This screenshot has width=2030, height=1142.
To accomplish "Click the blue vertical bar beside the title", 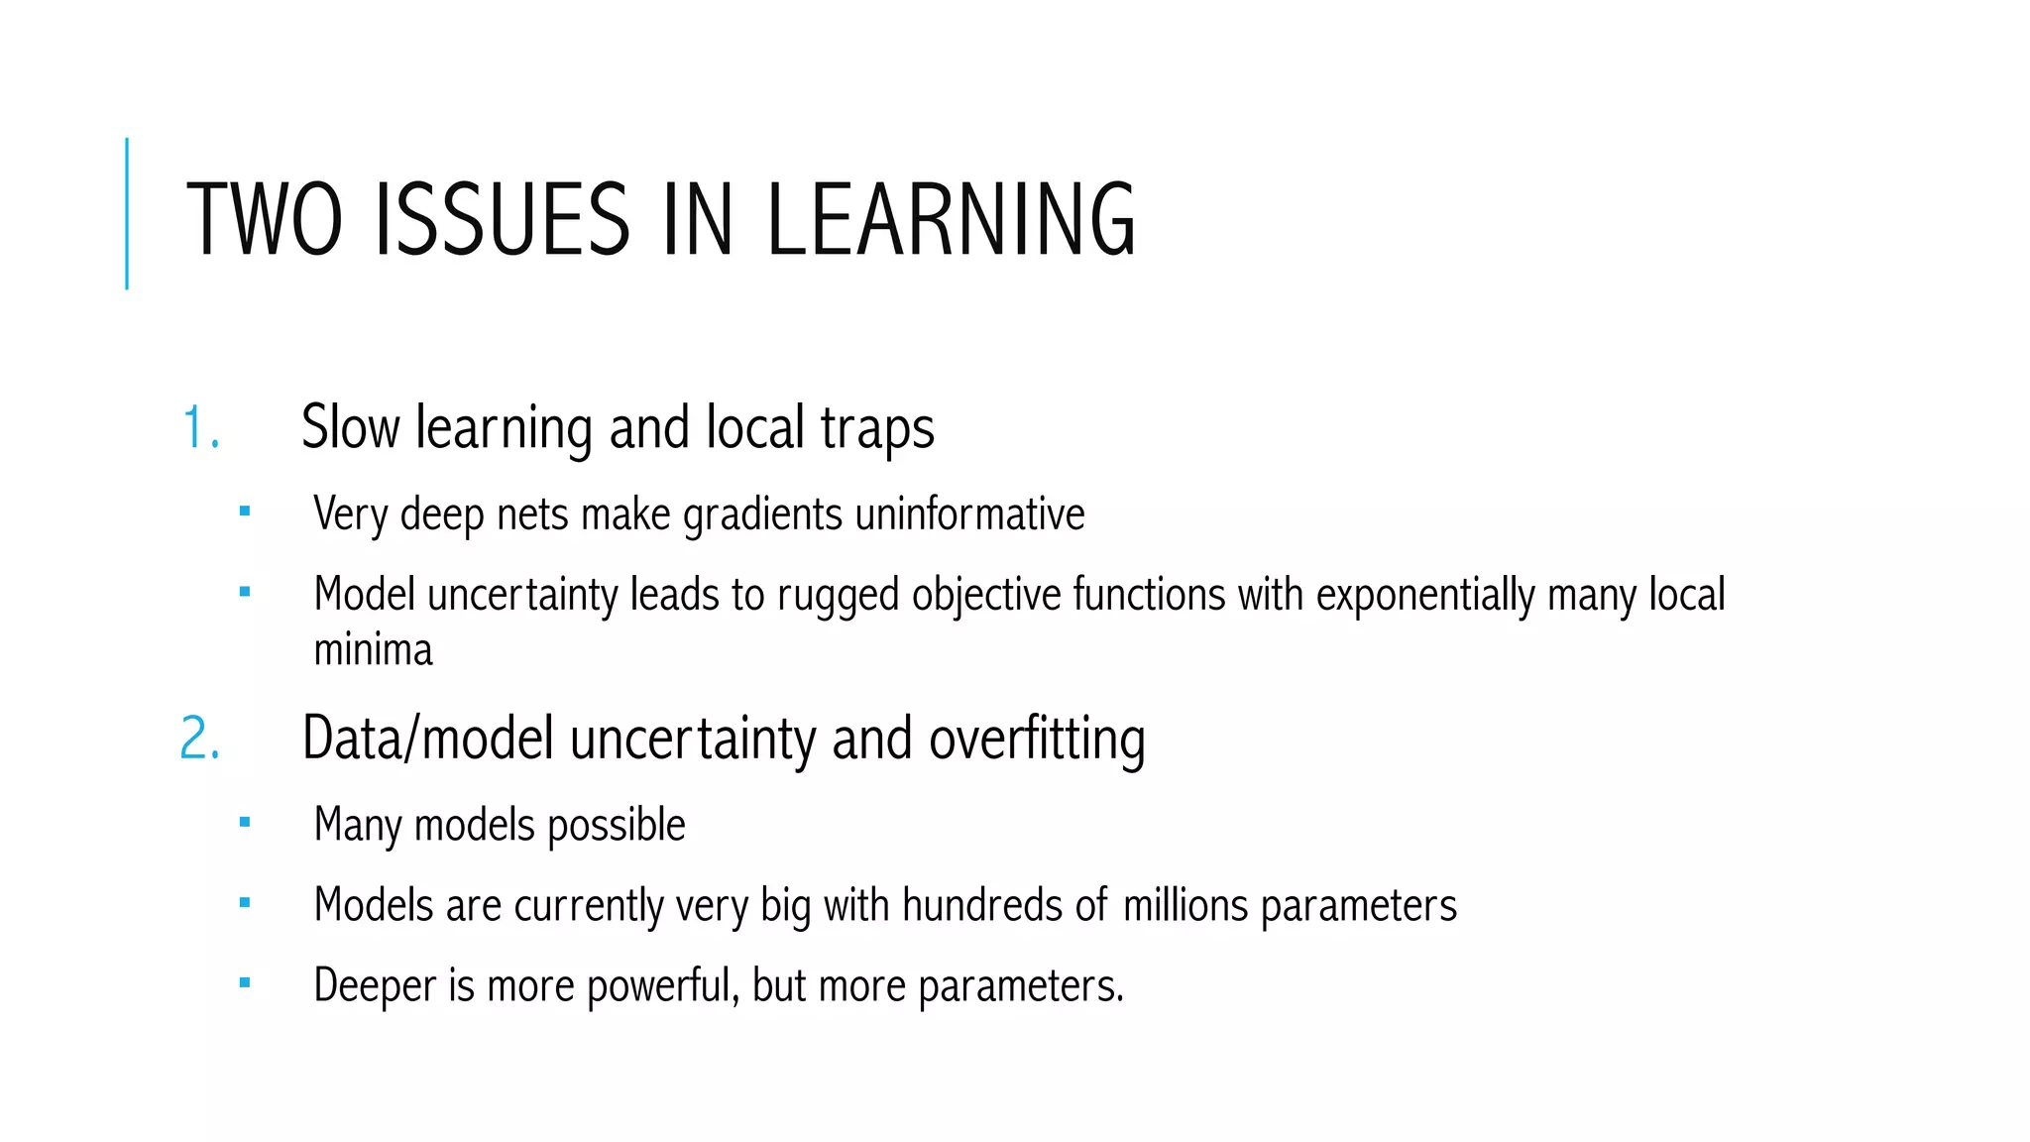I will (x=127, y=213).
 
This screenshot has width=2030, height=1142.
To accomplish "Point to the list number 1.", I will (x=198, y=428).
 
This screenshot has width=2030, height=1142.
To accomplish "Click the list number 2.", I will (x=199, y=740).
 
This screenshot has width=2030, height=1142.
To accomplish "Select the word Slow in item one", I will (x=350, y=427).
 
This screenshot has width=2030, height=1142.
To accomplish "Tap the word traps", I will (x=877, y=429).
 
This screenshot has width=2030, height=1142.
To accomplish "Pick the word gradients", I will (x=763, y=514).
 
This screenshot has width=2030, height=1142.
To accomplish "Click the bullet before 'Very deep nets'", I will (x=245, y=513).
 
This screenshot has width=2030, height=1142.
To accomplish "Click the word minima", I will (x=373, y=650).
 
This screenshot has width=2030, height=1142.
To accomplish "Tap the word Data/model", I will (x=427, y=739).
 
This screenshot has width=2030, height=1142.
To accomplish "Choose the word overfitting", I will (x=1037, y=739).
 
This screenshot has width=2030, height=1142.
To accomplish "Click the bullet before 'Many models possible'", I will (x=245, y=822).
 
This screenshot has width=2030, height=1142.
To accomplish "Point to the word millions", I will (x=1185, y=904).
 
